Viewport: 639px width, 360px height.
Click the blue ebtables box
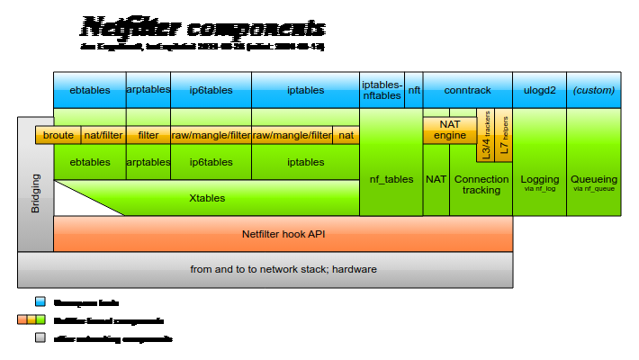tap(89, 90)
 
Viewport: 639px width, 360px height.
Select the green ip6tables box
tap(211, 162)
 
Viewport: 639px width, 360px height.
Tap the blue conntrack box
tap(467, 90)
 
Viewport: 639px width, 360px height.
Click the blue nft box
tap(414, 90)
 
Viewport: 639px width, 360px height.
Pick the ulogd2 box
tap(539, 90)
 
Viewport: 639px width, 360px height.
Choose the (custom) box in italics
tap(593, 90)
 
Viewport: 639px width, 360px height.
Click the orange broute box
tap(58, 135)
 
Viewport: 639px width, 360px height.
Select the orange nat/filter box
tap(103, 135)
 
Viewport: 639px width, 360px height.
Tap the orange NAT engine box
tap(450, 130)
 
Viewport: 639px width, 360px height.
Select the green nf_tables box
tap(391, 180)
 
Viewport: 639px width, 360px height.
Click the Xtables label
tap(207, 198)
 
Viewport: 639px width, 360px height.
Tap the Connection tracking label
tap(481, 184)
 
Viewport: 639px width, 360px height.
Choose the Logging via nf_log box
tap(539, 183)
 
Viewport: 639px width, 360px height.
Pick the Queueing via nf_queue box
tap(593, 183)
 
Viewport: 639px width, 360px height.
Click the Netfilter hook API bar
tap(283, 234)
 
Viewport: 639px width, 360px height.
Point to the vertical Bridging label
tap(36, 193)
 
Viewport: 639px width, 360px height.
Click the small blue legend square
tap(40, 301)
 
